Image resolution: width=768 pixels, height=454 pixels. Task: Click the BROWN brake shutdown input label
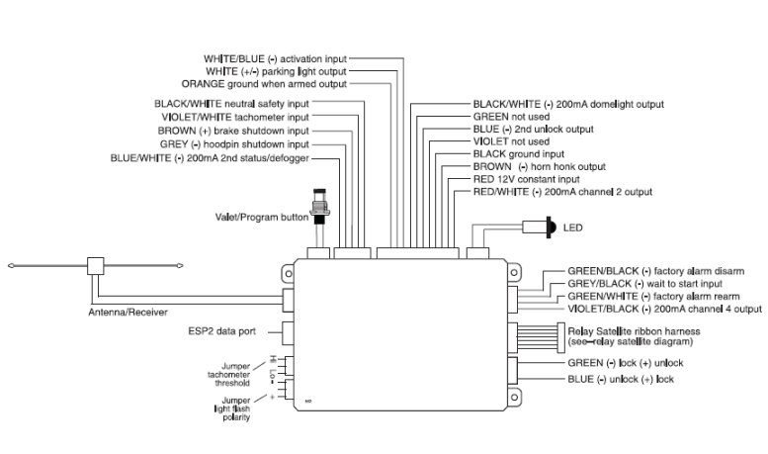point(233,130)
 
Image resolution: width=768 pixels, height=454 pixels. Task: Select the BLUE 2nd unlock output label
point(533,129)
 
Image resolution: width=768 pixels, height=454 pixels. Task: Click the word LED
point(572,227)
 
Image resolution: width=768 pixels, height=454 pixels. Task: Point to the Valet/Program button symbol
point(319,203)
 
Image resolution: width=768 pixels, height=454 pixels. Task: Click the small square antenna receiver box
point(96,266)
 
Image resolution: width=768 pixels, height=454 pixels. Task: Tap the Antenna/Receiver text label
point(122,312)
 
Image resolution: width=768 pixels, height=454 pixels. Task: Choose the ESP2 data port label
point(223,330)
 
